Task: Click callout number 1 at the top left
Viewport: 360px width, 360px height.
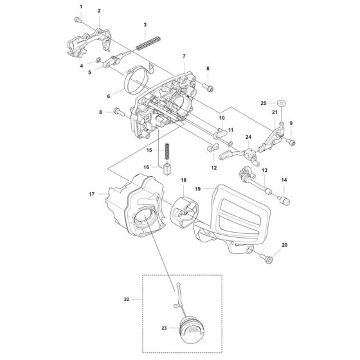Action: tap(81, 6)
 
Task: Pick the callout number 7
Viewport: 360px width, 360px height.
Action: tap(184, 57)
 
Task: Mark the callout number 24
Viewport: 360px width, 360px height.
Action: tap(248, 137)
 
